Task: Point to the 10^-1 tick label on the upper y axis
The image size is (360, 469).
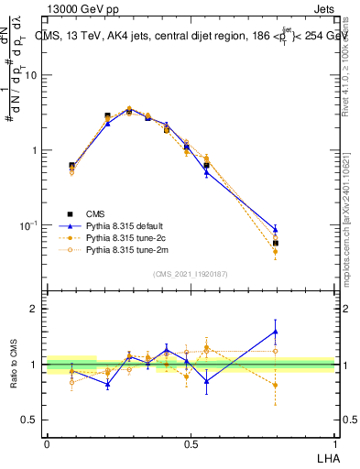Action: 29,225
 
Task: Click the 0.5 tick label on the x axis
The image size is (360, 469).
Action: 190,444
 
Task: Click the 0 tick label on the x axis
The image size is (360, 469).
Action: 46,444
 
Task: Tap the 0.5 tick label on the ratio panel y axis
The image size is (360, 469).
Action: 31,420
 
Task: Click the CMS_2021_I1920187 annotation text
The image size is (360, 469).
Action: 190,273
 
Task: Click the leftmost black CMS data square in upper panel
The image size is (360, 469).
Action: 71,166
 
